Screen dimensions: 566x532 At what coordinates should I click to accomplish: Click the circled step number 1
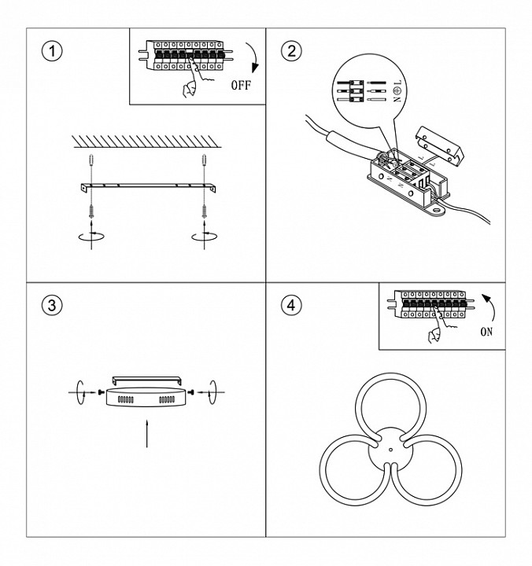coord(52,51)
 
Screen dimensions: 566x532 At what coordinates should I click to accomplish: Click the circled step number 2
coord(291,51)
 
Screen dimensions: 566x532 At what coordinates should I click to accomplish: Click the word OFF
coord(240,85)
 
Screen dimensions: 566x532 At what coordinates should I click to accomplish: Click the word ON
coord(486,332)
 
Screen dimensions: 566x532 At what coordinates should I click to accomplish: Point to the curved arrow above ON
coord(491,303)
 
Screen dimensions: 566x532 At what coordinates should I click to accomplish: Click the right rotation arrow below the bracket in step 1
coord(203,234)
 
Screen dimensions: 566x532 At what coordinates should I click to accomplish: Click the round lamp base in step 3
coord(147,397)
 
